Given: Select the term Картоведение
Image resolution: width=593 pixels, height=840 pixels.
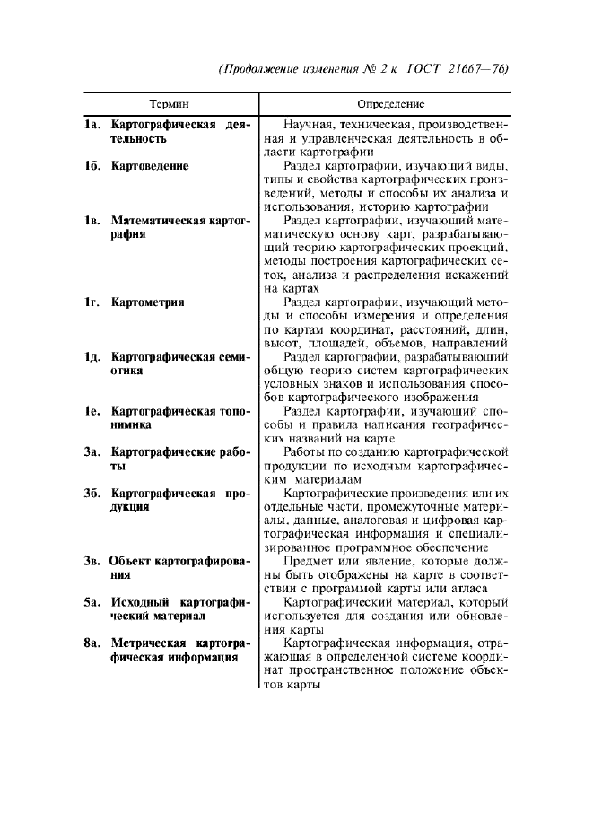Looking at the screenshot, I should (150, 166).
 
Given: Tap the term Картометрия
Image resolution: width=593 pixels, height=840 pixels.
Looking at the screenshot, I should (148, 302).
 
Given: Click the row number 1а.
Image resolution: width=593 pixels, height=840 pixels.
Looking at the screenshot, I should (92, 125).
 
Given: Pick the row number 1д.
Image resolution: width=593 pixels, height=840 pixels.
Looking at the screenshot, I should (92, 357).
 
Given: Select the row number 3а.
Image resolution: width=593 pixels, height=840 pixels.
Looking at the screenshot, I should (92, 452).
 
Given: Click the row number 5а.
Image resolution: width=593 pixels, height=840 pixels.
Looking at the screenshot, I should (92, 602).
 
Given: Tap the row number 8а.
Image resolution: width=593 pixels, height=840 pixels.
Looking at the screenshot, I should (92, 643).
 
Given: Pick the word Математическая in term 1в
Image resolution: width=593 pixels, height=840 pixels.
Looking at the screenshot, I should (159, 220).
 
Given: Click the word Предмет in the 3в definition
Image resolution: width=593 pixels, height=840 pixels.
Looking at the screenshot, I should (310, 562).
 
